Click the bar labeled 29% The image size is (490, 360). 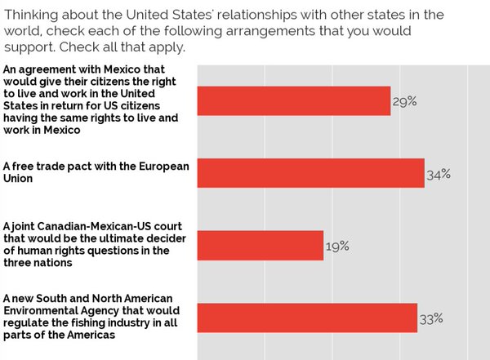click(294, 100)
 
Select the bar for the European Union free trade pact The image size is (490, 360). click(310, 173)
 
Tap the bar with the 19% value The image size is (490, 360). click(261, 245)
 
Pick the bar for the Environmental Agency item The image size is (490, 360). click(307, 318)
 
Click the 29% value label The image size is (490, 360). click(405, 101)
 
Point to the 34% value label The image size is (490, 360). click(439, 173)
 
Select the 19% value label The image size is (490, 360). click(337, 245)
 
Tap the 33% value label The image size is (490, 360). click(430, 318)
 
